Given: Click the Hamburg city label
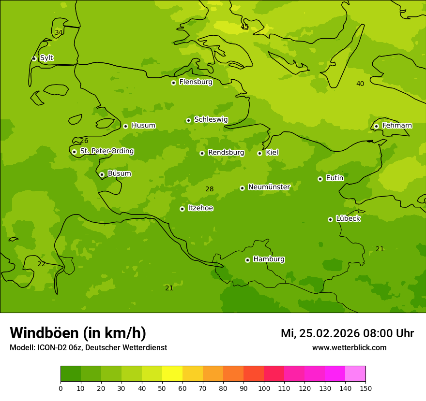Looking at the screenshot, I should pyautogui.click(x=269, y=259).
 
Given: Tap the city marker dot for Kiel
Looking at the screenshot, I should pyautogui.click(x=259, y=153).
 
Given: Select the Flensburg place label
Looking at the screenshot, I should pyautogui.click(x=196, y=82).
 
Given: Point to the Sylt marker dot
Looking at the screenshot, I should pyautogui.click(x=34, y=58).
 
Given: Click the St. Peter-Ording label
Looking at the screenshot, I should pyautogui.click(x=106, y=151).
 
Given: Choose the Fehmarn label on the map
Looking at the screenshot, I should pyautogui.click(x=397, y=126).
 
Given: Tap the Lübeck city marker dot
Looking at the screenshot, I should pyautogui.click(x=330, y=219).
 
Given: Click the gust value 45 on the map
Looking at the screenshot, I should pyautogui.click(x=244, y=27).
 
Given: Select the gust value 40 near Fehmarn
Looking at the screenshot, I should pyautogui.click(x=360, y=84).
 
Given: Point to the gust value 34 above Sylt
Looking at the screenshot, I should pyautogui.click(x=59, y=33).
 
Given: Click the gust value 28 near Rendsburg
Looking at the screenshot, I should pyautogui.click(x=209, y=189).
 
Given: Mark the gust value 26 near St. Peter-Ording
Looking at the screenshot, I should pyautogui.click(x=84, y=141).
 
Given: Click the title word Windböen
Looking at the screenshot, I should pyautogui.click(x=44, y=333).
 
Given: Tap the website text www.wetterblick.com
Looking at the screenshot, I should pyautogui.click(x=349, y=348).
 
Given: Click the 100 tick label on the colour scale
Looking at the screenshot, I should pyautogui.click(x=264, y=388).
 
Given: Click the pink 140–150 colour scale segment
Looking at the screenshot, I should pyautogui.click(x=355, y=374).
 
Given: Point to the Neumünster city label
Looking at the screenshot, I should pyautogui.click(x=269, y=187).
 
